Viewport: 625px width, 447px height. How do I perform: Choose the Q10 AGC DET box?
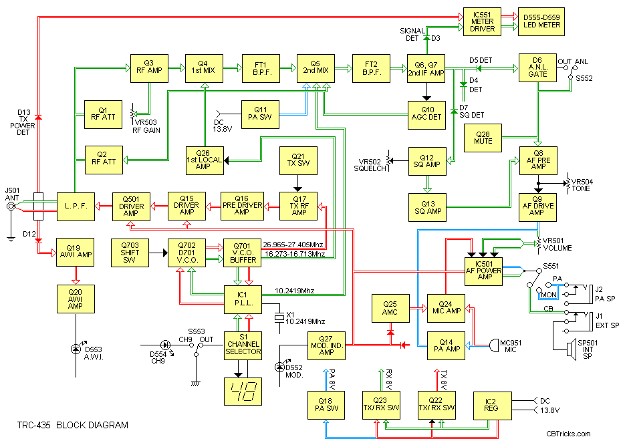[427, 114]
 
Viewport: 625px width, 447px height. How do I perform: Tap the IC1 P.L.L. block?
[241, 299]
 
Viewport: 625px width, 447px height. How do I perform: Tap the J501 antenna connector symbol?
[11, 207]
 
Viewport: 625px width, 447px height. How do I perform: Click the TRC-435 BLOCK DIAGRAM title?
[73, 425]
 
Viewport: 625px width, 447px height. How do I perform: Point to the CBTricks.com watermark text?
[572, 434]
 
